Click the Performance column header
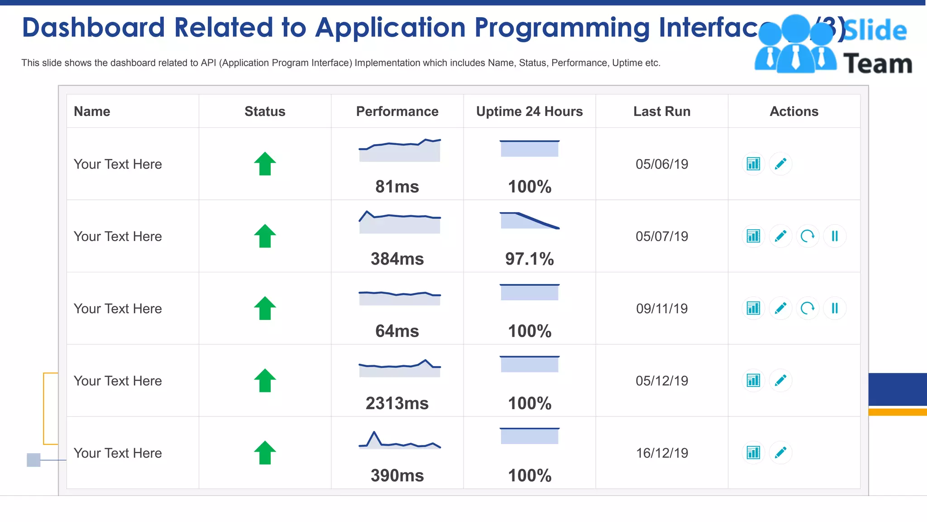pos(397,111)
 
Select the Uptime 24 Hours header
pos(529,111)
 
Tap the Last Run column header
pos(661,111)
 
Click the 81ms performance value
pos(397,187)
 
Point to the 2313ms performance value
pos(397,403)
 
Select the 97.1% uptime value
pos(529,259)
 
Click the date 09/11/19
pos(661,309)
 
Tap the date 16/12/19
pos(661,453)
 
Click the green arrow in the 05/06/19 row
pos(265,164)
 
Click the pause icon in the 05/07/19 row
pos(835,236)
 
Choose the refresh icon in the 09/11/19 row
pos(808,309)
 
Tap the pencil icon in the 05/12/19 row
pos(780,381)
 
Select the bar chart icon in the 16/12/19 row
pos(753,453)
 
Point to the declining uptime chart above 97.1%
pos(529,221)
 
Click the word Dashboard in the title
pos(93,27)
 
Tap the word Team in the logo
pos(878,64)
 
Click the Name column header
pos(92,111)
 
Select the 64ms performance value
pos(397,331)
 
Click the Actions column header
pos(794,111)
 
